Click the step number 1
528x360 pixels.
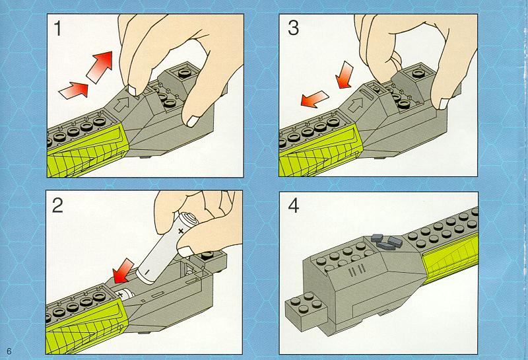[x=58, y=28]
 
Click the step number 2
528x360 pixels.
[x=57, y=205]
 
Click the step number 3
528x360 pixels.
[x=293, y=28]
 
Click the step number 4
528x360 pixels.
[x=294, y=205]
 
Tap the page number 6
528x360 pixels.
[x=9, y=351]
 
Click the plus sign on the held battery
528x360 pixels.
[x=181, y=231]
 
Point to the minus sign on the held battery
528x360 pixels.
[x=147, y=271]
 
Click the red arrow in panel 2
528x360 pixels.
[x=123, y=271]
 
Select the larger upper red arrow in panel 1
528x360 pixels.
[x=100, y=66]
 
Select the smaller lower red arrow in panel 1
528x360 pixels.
[x=74, y=90]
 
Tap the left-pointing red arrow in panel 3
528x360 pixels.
[x=314, y=99]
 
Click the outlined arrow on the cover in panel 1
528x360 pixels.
[x=123, y=104]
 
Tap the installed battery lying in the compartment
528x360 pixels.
[x=125, y=294]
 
